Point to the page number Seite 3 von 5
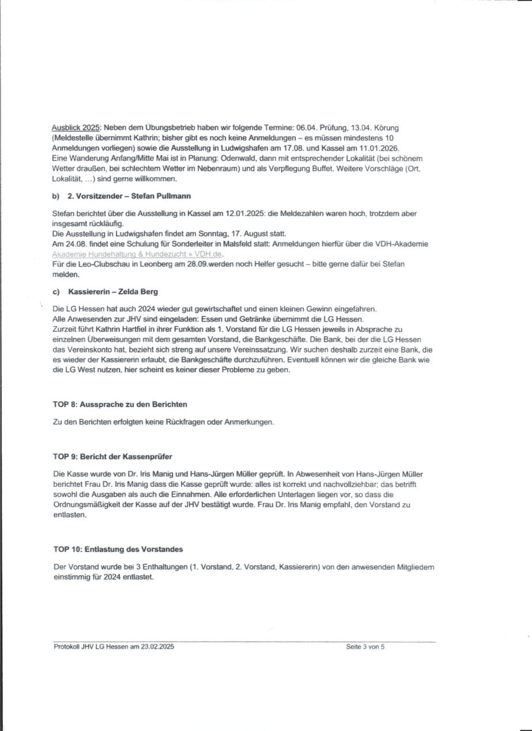(x=365, y=647)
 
